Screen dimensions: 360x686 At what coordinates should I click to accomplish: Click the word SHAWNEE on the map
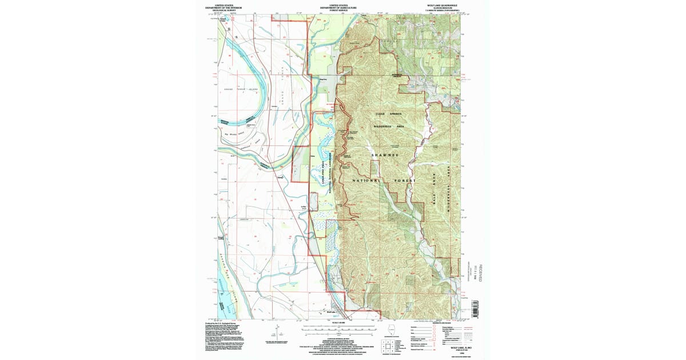click(x=385, y=155)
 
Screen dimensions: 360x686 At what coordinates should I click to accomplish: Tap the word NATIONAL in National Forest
click(x=360, y=181)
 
